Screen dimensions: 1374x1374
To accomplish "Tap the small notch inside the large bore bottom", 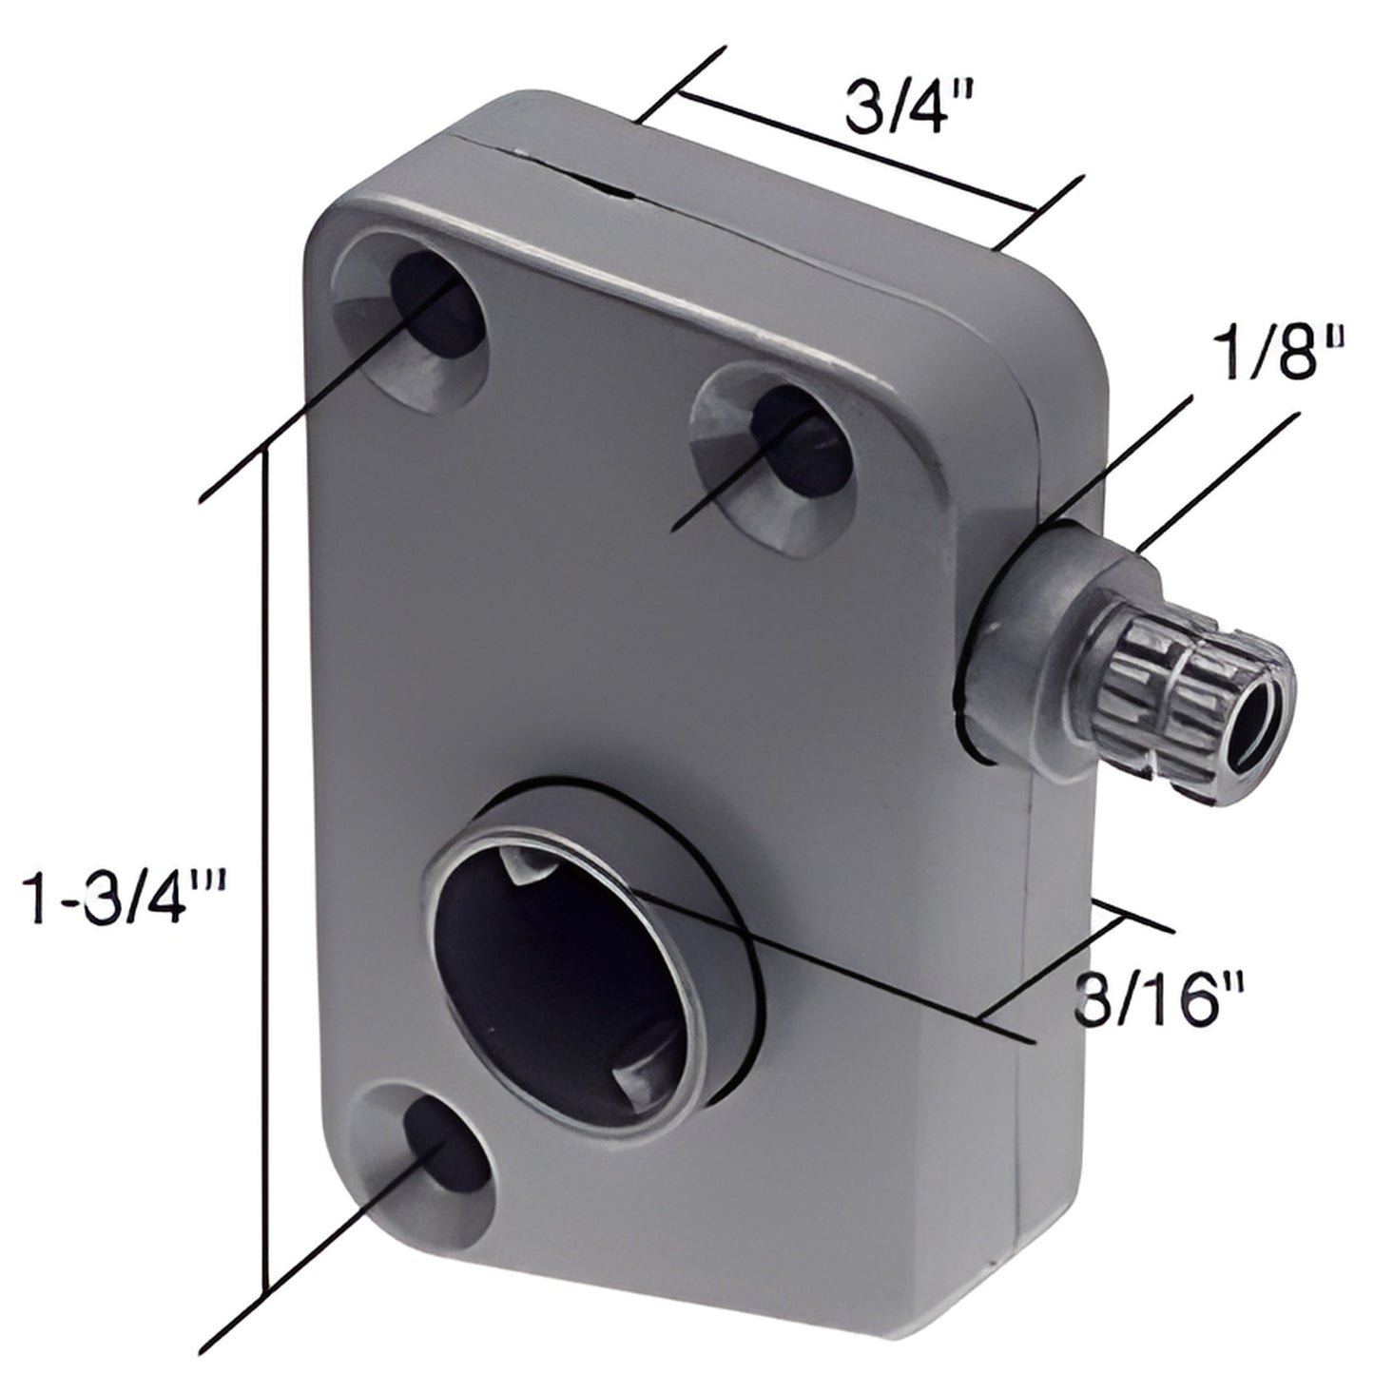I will (632, 1079).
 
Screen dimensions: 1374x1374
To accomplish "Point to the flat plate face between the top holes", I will (590, 399).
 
